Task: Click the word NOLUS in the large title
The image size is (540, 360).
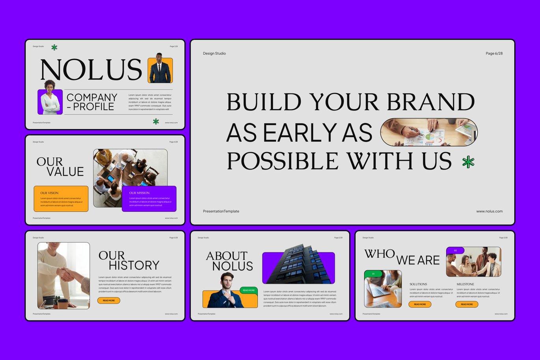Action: [x=91, y=70]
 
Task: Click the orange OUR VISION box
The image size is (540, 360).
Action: [x=61, y=199]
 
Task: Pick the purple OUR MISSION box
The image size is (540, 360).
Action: [x=149, y=199]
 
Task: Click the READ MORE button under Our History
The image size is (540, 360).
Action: [x=109, y=300]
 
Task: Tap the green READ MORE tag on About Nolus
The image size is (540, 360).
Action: [x=249, y=290]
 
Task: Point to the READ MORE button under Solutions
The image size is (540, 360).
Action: [x=420, y=304]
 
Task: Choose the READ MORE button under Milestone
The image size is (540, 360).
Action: [x=467, y=304]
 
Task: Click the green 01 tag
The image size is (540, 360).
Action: [x=373, y=274]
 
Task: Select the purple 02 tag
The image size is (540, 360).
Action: [x=455, y=250]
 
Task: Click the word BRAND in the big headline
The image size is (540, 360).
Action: [x=430, y=102]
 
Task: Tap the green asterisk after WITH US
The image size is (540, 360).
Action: [x=468, y=162]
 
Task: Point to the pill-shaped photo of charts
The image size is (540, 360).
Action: [x=429, y=132]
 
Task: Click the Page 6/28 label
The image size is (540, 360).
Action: [x=494, y=53]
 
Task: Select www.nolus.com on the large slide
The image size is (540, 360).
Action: [x=489, y=211]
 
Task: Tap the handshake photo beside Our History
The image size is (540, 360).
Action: [x=63, y=275]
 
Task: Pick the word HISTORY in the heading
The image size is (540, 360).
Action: [x=134, y=265]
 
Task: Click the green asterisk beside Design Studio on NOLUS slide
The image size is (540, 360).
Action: [x=54, y=47]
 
